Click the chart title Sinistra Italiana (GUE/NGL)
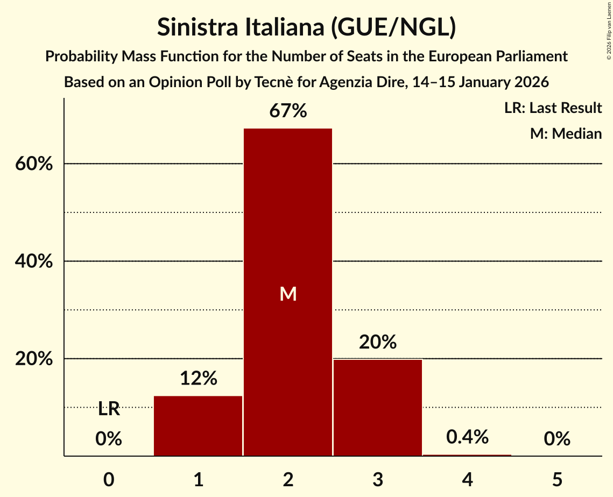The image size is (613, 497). pyautogui.click(x=306, y=27)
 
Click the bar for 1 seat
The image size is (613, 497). pyautogui.click(x=198, y=425)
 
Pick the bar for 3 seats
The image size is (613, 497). pyautogui.click(x=377, y=407)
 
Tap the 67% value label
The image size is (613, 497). pyautogui.click(x=288, y=111)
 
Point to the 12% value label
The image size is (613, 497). pyautogui.click(x=198, y=379)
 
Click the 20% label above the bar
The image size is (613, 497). pyautogui.click(x=377, y=342)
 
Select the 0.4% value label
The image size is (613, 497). pyautogui.click(x=467, y=437)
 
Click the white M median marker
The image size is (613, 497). pyautogui.click(x=288, y=294)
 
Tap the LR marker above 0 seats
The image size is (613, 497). pyautogui.click(x=109, y=409)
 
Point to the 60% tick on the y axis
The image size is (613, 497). pyautogui.click(x=33, y=164)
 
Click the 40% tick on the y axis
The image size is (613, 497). pyautogui.click(x=33, y=261)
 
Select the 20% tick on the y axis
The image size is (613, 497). pyautogui.click(x=33, y=359)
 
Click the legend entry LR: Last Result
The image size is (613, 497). pyautogui.click(x=553, y=108)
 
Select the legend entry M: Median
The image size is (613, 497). pyautogui.click(x=566, y=133)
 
